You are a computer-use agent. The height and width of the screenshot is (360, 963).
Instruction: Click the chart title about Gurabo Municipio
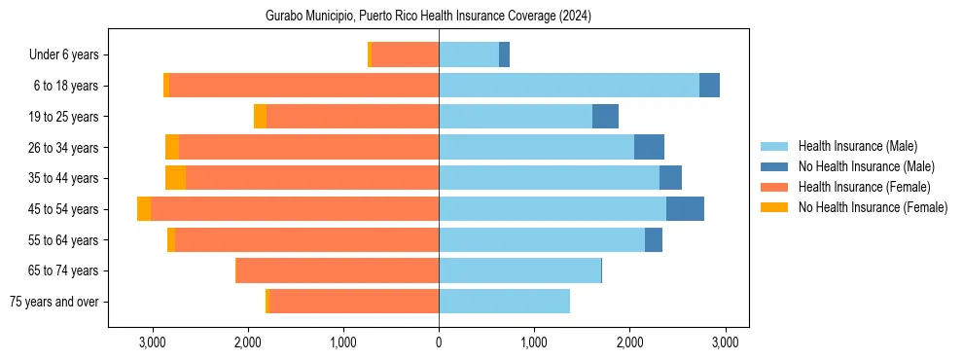[428, 17]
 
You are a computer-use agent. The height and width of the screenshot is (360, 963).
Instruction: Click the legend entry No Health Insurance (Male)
[866, 166]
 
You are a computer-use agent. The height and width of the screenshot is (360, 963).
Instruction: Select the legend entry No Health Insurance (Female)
[873, 207]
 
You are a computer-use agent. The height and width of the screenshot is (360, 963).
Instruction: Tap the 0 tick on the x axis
[439, 342]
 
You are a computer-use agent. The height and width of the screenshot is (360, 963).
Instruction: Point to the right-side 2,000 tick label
[629, 342]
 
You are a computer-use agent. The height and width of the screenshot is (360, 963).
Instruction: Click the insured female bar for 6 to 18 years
[303, 86]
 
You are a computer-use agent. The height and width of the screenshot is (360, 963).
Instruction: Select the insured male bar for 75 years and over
[504, 302]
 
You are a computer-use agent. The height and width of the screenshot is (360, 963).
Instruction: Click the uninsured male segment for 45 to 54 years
[685, 209]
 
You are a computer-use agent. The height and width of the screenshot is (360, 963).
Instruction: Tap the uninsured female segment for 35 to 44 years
[175, 178]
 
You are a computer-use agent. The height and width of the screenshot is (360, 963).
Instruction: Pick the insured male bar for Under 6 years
[469, 55]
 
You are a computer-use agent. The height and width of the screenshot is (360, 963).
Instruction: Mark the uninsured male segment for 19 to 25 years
[605, 117]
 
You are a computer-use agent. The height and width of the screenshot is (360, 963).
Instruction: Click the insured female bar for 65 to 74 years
[338, 270]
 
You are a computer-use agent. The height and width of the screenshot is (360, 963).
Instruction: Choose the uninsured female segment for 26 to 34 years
[172, 147]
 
